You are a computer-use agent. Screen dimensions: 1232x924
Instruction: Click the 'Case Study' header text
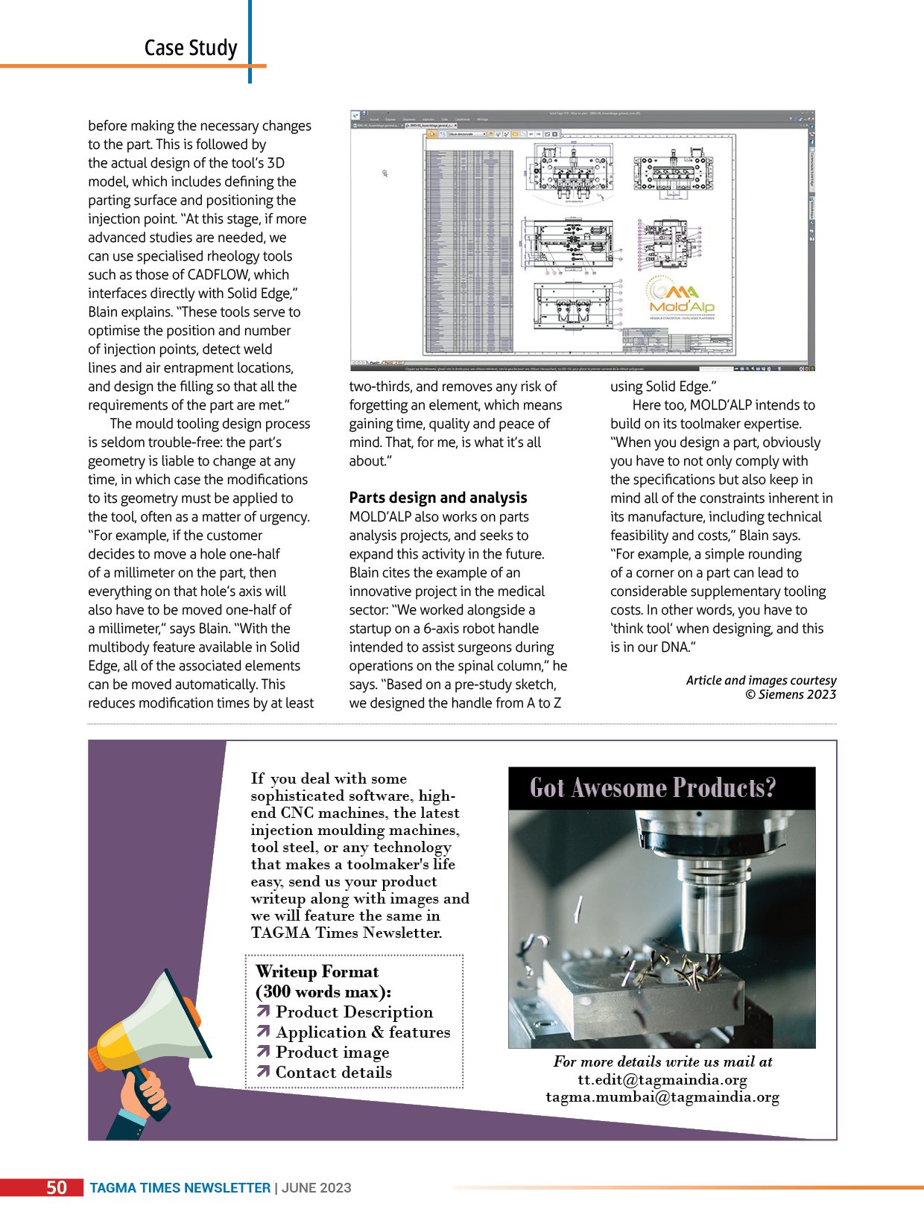(x=191, y=48)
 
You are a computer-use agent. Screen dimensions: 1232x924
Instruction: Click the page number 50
(x=57, y=1187)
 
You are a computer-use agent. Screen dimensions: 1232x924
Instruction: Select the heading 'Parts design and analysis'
(x=437, y=498)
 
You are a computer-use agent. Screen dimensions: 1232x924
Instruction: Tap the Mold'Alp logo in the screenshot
(x=681, y=298)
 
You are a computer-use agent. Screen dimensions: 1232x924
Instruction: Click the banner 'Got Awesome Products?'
(x=653, y=788)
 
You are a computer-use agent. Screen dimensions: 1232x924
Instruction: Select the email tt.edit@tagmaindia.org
(x=662, y=1079)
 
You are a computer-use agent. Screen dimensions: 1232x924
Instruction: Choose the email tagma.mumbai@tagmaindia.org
(x=662, y=1097)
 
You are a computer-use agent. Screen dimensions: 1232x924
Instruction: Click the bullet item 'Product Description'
(x=353, y=1012)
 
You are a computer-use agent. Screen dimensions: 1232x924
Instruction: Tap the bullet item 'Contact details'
(x=333, y=1073)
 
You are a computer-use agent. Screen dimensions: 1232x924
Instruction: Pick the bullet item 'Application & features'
(x=362, y=1032)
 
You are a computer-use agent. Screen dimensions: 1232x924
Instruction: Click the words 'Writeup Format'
(x=317, y=972)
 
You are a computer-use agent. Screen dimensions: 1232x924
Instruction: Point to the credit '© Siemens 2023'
(x=791, y=695)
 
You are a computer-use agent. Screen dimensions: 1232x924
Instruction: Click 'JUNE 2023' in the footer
(x=316, y=1188)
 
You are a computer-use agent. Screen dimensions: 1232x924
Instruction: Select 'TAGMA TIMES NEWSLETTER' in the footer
(x=180, y=1188)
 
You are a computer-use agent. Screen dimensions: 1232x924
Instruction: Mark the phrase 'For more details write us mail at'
(x=662, y=1061)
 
